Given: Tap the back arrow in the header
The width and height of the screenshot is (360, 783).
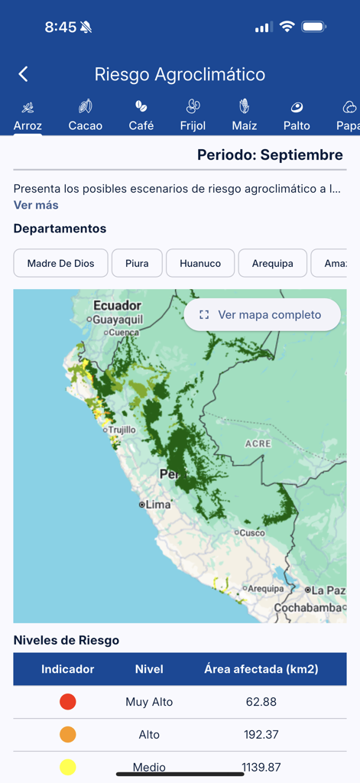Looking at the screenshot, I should pos(23,74).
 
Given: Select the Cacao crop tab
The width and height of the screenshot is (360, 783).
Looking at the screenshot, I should pos(85,115).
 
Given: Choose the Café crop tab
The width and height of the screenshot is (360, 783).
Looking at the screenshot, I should pos(141,115).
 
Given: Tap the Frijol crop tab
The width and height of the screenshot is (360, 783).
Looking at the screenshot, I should pos(193,115).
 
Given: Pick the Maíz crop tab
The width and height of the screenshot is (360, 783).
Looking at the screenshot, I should pos(245,115).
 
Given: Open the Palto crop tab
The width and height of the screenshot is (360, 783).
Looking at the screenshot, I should pos(297,115).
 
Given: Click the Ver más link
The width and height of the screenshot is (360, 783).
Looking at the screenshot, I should pos(36,205).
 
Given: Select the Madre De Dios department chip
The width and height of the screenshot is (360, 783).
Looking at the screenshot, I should pos(60,263).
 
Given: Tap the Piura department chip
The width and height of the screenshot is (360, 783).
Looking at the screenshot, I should pos(137,263).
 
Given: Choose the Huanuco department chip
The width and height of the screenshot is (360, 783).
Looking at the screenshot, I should pos(200,263).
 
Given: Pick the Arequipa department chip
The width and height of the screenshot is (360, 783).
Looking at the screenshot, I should pos(272,263).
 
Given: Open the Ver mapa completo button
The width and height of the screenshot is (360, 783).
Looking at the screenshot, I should pos(261,314).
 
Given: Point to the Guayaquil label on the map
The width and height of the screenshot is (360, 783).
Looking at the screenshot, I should pos(118,320).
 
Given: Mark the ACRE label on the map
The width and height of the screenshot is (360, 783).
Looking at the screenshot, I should pos(258,443).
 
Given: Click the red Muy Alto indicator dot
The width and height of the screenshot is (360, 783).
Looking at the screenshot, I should pos(67,702).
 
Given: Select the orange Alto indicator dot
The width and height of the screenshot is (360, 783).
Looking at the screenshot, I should pos(67,734).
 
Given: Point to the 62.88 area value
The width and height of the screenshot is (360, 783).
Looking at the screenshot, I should pos(261,702).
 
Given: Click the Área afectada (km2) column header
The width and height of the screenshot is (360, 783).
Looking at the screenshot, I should pos(261,669).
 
